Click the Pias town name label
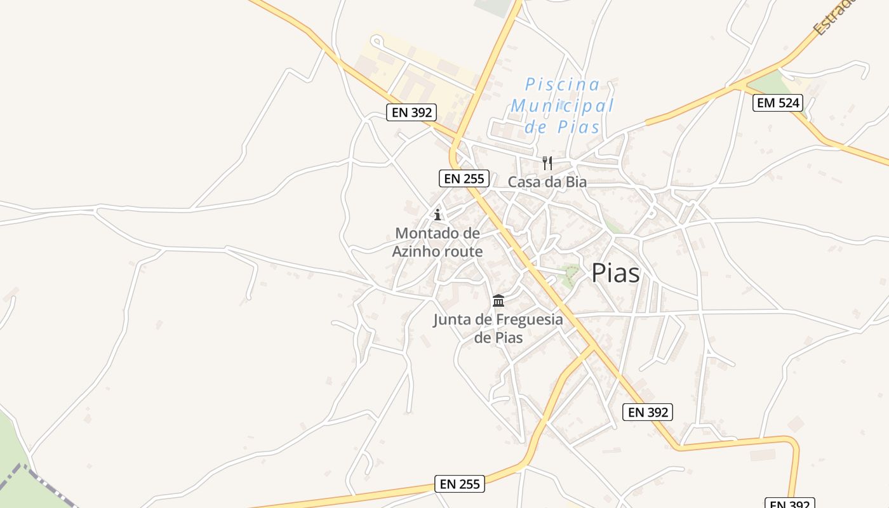point(615,273)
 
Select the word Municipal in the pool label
point(563,105)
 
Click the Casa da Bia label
point(547,182)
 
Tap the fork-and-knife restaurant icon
point(547,163)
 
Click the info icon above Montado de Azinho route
point(437,215)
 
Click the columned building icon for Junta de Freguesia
point(498,300)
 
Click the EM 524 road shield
point(778,103)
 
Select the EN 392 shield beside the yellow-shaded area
point(411,113)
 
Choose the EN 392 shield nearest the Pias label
point(647,412)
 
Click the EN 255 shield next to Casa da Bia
point(464,178)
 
